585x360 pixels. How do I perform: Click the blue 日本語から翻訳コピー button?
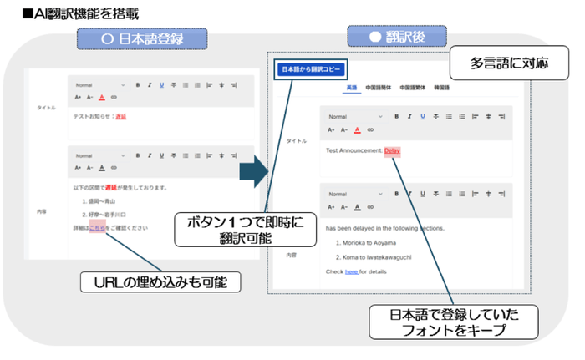pyautogui.click(x=310, y=70)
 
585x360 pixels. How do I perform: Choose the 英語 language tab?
pyautogui.click(x=351, y=87)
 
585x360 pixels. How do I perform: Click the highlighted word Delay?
pyautogui.click(x=393, y=150)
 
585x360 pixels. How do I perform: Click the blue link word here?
pyautogui.click(x=351, y=271)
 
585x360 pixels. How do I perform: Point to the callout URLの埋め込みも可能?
pyautogui.click(x=160, y=282)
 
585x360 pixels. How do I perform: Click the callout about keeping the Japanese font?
pyautogui.click(x=453, y=322)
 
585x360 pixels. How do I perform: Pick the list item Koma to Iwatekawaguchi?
pyautogui.click(x=383, y=256)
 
